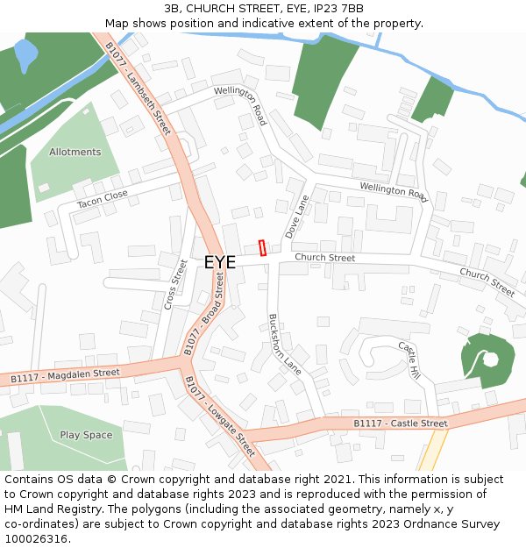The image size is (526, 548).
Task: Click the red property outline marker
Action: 262,248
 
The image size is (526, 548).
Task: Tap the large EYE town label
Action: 219,262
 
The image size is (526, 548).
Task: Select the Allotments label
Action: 75,152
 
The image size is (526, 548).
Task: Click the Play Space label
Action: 86,435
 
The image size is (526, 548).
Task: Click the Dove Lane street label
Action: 297,217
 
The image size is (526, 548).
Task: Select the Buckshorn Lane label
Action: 284,345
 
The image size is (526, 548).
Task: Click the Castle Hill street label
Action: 409,360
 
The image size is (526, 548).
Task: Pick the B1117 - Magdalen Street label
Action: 65,375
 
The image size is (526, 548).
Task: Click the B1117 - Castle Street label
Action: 400,423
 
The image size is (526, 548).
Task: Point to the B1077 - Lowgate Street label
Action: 219,416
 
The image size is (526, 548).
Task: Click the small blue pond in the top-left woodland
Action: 26,54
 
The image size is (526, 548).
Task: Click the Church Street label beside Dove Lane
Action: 324,258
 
